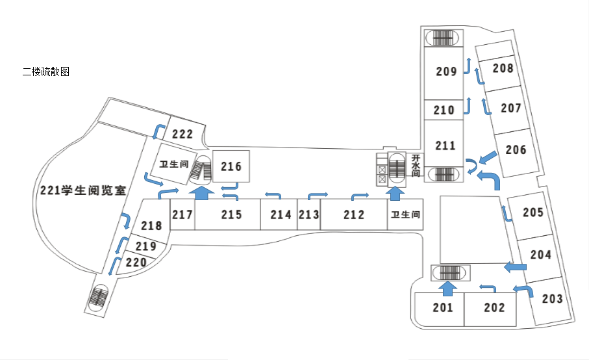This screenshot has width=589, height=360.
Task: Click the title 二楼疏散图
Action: point(45,72)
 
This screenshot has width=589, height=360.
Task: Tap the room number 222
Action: point(182,135)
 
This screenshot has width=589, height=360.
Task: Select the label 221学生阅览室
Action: point(82,190)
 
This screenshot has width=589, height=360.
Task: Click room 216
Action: point(231,167)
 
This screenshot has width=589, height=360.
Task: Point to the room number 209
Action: point(446,71)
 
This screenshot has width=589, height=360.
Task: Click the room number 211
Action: point(445,146)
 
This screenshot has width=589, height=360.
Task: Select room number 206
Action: point(516,150)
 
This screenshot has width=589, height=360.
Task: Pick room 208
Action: point(503,68)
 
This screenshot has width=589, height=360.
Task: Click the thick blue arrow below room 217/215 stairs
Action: point(202,192)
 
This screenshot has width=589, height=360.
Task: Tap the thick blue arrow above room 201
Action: point(447,286)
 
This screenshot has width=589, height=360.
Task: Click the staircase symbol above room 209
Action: point(442,38)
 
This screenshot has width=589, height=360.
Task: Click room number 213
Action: point(308,214)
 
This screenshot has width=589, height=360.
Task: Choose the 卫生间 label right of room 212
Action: point(405,214)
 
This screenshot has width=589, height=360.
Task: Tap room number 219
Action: point(146,246)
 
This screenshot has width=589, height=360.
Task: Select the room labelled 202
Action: point(494,307)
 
